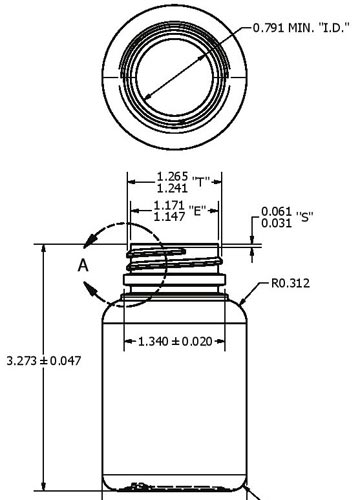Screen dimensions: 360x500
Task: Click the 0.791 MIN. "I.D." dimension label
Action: (x=301, y=28)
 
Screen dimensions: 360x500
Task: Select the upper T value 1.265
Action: (x=172, y=176)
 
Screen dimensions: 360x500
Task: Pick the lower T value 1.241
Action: (x=172, y=188)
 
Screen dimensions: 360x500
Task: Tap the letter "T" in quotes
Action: (x=201, y=182)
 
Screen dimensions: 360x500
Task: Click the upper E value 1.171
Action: (x=169, y=205)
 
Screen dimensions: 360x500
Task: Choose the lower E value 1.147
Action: (x=169, y=217)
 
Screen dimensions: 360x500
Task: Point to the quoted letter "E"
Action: (x=197, y=211)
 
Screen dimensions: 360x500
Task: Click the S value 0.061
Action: (x=276, y=211)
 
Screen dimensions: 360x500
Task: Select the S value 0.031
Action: (x=276, y=223)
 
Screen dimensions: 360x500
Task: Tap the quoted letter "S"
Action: (x=304, y=217)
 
